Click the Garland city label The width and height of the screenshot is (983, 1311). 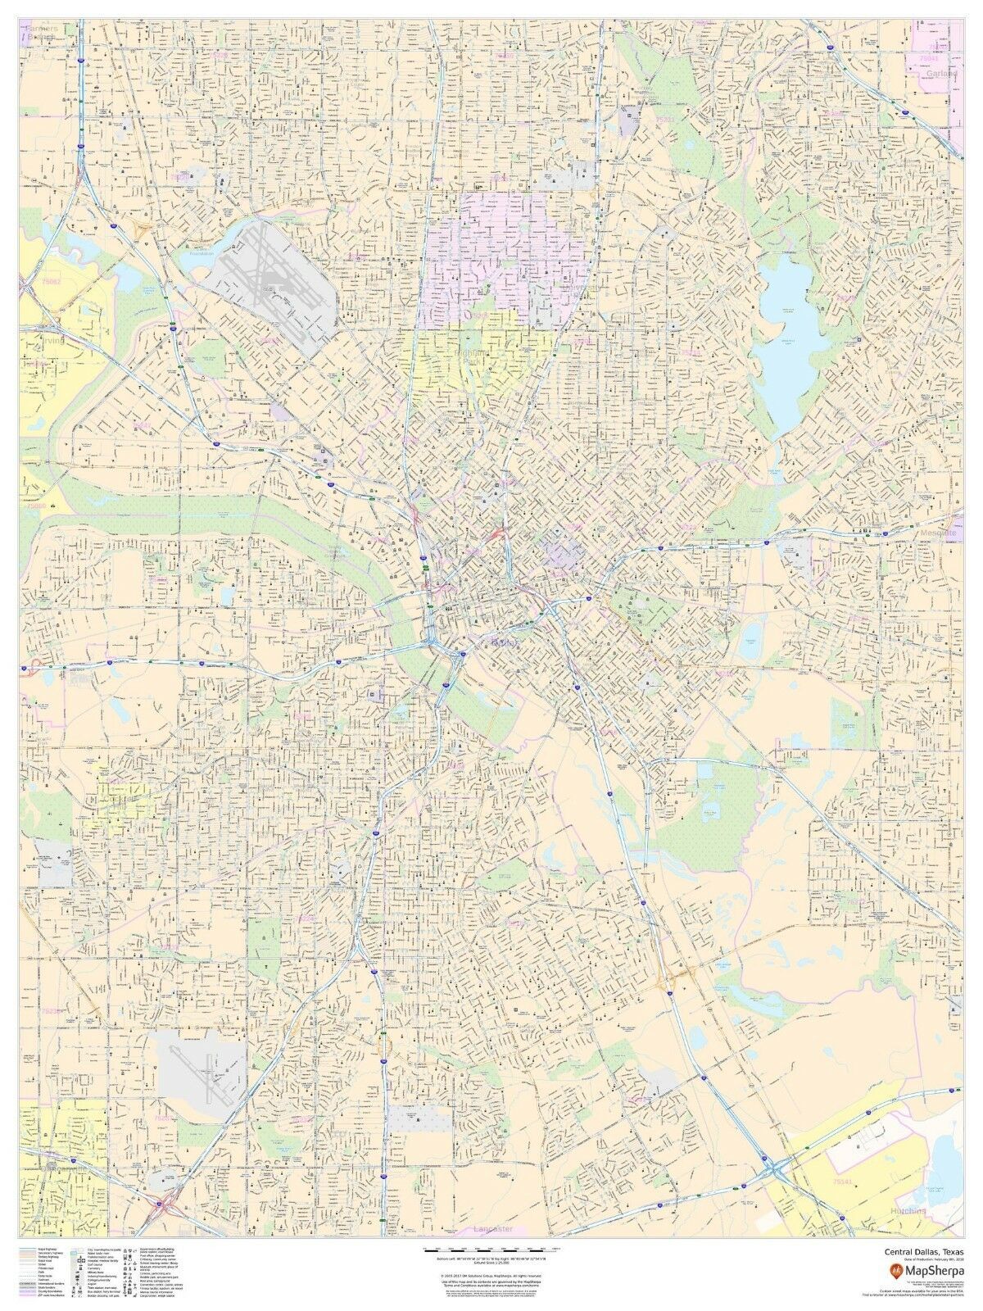[941, 73]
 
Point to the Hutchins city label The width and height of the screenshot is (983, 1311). [905, 1210]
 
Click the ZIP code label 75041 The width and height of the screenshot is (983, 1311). [929, 59]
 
